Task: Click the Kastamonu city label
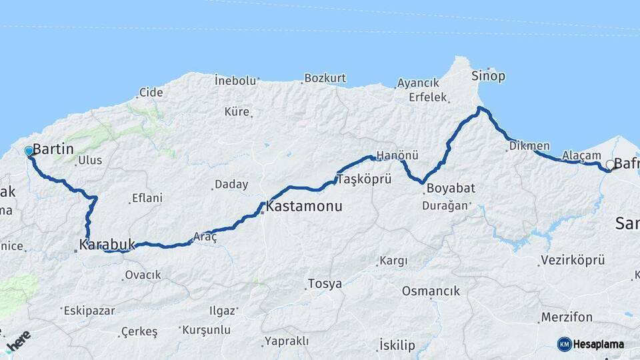[304, 207]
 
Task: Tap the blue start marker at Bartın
[29, 151]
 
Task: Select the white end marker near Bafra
[610, 165]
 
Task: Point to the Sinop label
[488, 76]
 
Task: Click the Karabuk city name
[107, 245]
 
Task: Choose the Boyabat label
[451, 188]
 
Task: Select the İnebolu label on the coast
[235, 81]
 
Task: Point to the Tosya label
[325, 284]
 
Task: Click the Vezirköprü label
[573, 260]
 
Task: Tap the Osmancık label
[431, 291]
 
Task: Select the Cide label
[151, 93]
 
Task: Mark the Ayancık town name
[418, 83]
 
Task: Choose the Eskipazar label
[89, 311]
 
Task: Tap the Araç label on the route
[205, 236]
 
